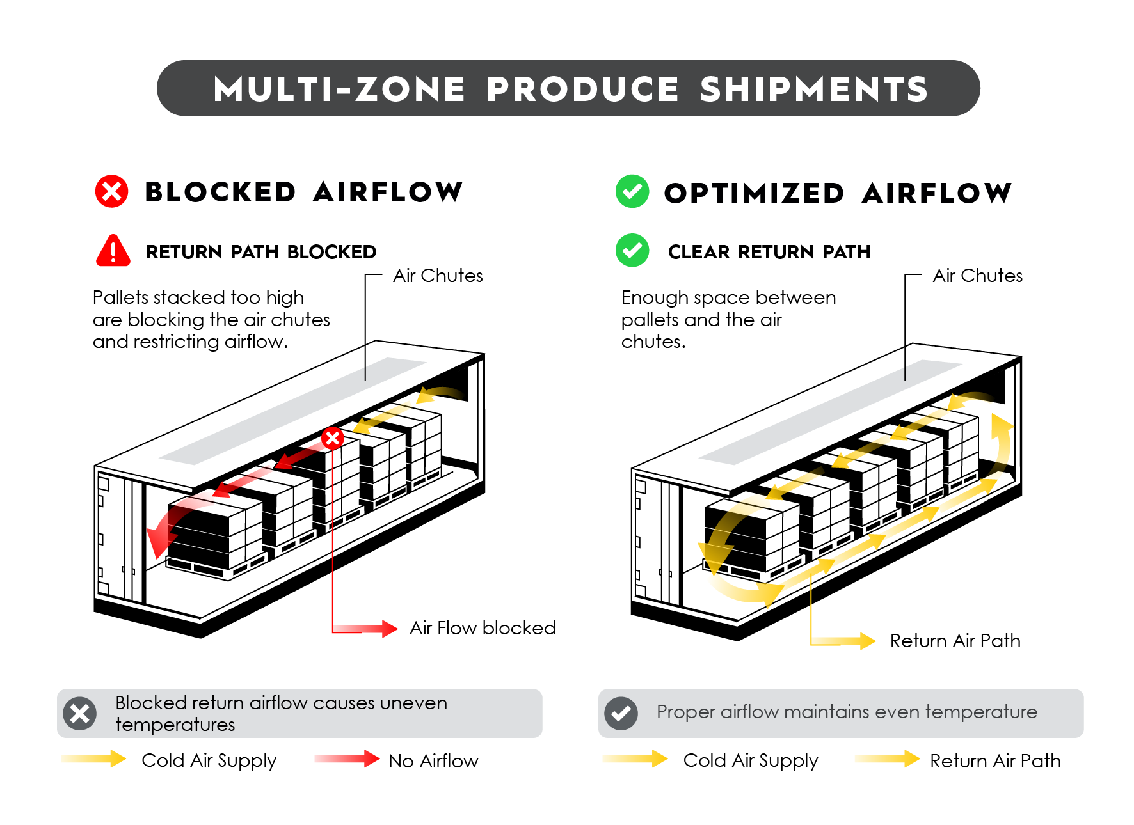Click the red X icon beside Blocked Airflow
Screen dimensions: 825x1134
[x=111, y=191]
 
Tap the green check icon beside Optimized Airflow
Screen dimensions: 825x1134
[x=632, y=191]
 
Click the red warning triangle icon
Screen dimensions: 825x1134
[x=113, y=251]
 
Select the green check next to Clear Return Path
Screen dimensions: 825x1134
[x=632, y=250]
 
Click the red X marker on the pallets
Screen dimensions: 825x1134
[x=332, y=438]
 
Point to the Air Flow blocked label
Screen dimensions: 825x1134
[x=482, y=628]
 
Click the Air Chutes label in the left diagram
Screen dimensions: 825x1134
[x=438, y=276]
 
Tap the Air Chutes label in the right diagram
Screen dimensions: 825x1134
[x=977, y=276]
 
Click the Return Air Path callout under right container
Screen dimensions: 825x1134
[x=954, y=641]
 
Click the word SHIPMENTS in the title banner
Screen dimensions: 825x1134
[x=813, y=89]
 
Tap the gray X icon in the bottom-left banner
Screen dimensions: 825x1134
[x=80, y=713]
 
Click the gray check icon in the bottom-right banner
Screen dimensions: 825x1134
[x=621, y=713]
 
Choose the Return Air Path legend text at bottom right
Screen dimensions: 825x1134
[x=994, y=760]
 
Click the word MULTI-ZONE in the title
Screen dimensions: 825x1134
[x=339, y=89]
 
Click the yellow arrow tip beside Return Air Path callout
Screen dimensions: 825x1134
[x=867, y=641]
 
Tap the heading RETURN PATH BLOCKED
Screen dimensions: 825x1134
[x=260, y=252]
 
